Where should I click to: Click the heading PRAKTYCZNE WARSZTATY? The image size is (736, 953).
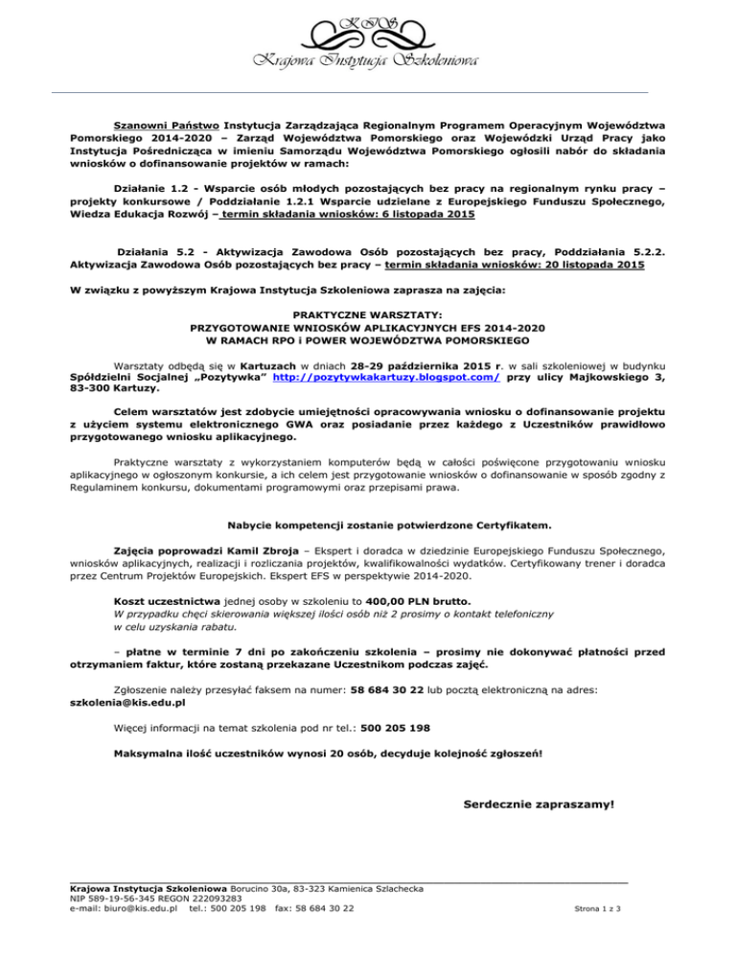click(367, 314)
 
